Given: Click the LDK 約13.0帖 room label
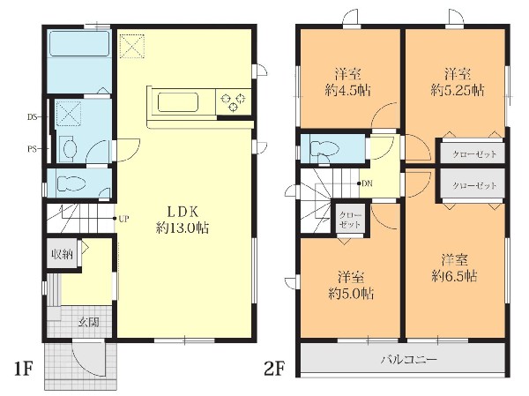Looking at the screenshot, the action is point(183,220).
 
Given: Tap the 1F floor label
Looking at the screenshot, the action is point(23,369).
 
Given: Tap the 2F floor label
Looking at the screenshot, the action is point(274,369).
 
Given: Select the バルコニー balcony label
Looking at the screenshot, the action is point(409,359).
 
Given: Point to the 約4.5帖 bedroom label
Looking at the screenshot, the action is point(348,82).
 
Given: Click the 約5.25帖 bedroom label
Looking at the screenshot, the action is point(457,82).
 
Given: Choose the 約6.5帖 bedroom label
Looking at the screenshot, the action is point(454,268).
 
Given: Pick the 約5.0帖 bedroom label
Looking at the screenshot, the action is point(351,286).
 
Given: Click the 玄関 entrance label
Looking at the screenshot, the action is point(89,322).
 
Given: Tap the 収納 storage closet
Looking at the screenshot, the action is point(63,254).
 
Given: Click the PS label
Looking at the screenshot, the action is point(32,149).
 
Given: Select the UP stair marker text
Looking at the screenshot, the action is point(123,219).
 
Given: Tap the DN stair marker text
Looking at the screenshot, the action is point(367,184).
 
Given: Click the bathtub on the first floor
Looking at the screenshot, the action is point(79,43).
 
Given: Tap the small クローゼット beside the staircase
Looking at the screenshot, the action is point(350,220).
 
